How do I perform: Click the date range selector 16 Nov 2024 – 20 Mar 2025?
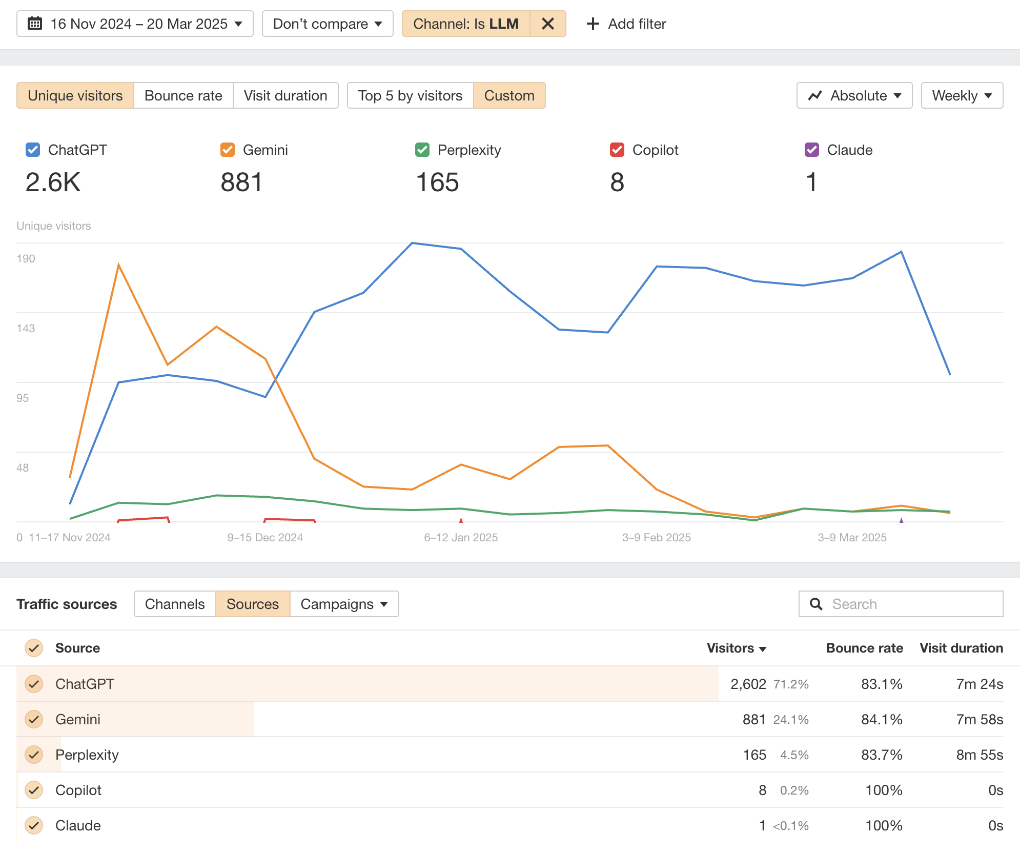pyautogui.click(x=135, y=24)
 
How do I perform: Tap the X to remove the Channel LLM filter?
pyautogui.click(x=547, y=24)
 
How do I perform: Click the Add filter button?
pyautogui.click(x=626, y=24)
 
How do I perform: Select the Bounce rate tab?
pyautogui.click(x=183, y=96)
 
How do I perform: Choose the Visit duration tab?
pyautogui.click(x=285, y=96)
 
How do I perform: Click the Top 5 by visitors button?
pyautogui.click(x=410, y=96)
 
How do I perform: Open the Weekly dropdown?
pyautogui.click(x=962, y=96)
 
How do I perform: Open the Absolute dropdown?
pyautogui.click(x=854, y=96)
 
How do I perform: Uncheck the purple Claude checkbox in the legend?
pyautogui.click(x=812, y=150)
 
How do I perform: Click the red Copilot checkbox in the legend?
pyautogui.click(x=617, y=150)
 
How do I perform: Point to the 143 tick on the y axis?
pyautogui.click(x=26, y=328)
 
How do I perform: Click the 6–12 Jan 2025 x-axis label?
pyautogui.click(x=461, y=537)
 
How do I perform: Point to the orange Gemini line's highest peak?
pyautogui.click(x=118, y=265)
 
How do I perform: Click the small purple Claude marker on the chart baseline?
pyautogui.click(x=901, y=520)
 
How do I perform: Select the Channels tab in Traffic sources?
pyautogui.click(x=175, y=604)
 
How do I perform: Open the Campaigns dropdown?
pyautogui.click(x=344, y=604)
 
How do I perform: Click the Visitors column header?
pyautogui.click(x=736, y=648)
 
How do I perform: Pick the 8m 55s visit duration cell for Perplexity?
pyautogui.click(x=979, y=755)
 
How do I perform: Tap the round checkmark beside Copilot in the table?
pyautogui.click(x=34, y=790)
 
